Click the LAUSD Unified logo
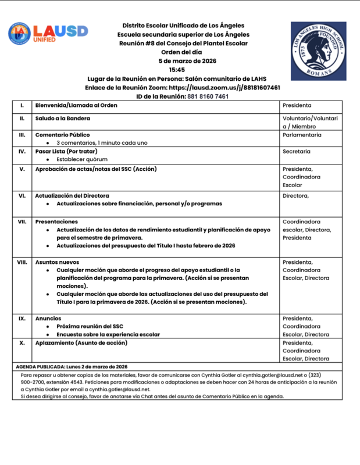point(48,33)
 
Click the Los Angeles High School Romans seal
point(318,51)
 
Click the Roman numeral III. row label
point(22,134)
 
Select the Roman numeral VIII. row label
point(22,262)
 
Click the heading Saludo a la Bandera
point(65,118)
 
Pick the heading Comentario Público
point(62,134)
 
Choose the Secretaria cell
point(296,151)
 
